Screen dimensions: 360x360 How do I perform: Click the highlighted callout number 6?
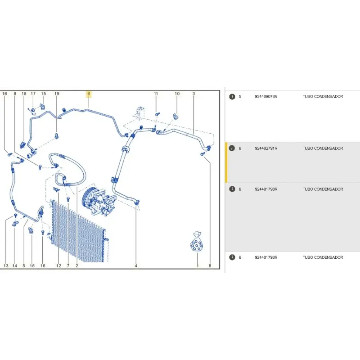[89, 94]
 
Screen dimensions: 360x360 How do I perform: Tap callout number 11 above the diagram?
[156, 94]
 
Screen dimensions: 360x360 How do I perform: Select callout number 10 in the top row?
[177, 94]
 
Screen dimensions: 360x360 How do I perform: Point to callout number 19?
[57, 94]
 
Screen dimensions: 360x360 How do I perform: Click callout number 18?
[24, 94]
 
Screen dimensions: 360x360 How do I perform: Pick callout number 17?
[33, 94]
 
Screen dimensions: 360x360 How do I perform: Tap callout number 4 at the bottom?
[136, 265]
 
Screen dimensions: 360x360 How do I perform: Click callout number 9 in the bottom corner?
[210, 265]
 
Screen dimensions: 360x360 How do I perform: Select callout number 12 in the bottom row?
[58, 265]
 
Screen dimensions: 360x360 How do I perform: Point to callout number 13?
[6, 265]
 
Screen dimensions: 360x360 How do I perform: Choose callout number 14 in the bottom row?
[15, 265]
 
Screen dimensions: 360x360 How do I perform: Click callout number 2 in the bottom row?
[76, 265]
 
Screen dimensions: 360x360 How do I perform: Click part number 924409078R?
[266, 97]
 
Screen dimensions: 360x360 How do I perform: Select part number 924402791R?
[266, 148]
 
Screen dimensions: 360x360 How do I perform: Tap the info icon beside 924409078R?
[232, 97]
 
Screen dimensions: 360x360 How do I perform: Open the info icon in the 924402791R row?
[232, 148]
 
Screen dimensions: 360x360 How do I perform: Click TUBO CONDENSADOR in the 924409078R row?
[323, 97]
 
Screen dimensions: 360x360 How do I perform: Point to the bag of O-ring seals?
[197, 242]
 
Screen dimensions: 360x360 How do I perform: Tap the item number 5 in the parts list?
[240, 97]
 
